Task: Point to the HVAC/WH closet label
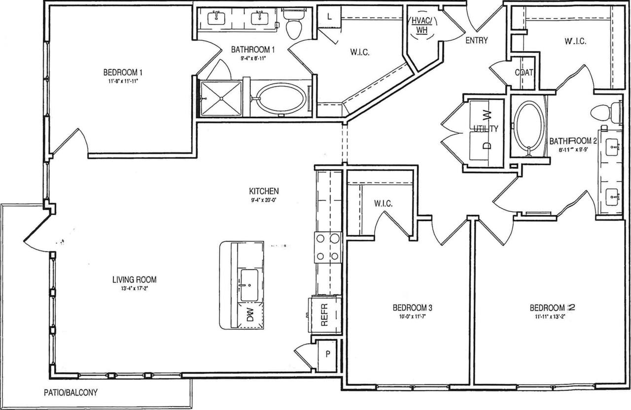[x=421, y=25]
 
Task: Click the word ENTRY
[x=477, y=40]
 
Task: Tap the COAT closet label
[x=524, y=73]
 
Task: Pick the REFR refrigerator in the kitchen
[x=324, y=313]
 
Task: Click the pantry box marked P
[x=326, y=354]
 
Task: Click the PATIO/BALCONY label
[x=69, y=392]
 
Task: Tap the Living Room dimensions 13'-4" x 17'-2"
[x=131, y=289]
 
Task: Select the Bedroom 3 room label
[x=412, y=308]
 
